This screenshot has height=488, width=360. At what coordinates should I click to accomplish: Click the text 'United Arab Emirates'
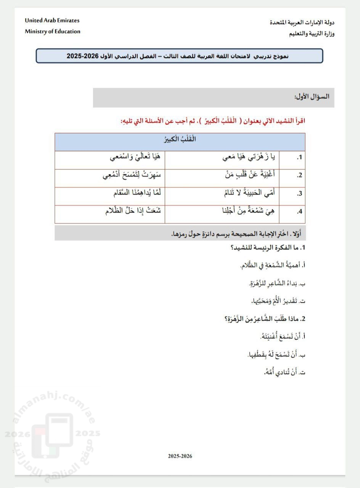tap(52, 20)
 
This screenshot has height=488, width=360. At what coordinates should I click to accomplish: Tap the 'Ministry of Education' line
tap(53, 31)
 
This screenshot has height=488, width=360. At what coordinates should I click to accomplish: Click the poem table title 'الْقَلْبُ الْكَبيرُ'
tap(180, 139)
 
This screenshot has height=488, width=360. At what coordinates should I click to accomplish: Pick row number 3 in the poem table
tap(299, 193)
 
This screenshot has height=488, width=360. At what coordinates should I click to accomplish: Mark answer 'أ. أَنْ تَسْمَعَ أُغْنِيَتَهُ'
tap(280, 336)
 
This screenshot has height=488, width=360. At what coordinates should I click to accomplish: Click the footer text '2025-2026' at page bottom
tap(180, 456)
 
